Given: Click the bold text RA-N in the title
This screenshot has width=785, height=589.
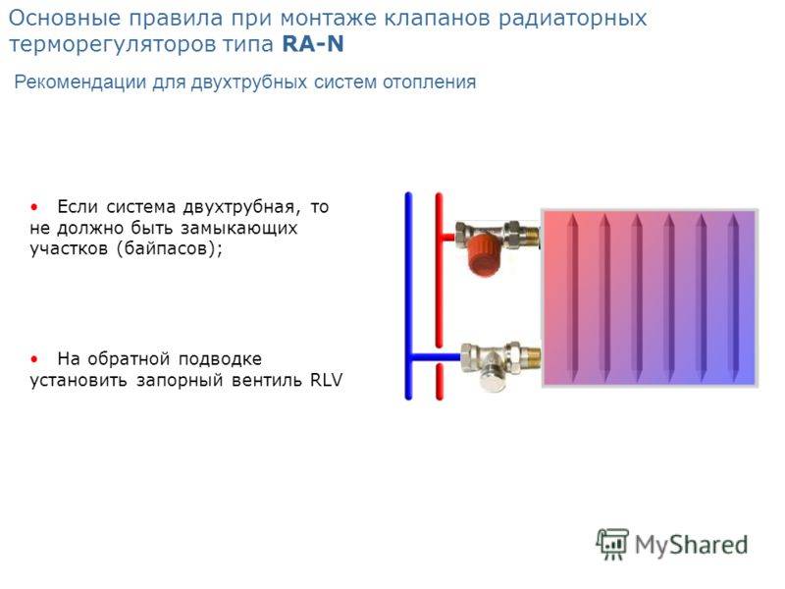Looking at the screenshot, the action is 313,43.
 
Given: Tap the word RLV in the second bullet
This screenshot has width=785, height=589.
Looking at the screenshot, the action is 327,380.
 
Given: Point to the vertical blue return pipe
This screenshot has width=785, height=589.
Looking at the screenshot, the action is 408,296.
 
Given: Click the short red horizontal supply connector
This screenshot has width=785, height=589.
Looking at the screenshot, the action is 446,237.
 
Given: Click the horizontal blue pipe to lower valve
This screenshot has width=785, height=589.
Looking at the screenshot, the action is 435,357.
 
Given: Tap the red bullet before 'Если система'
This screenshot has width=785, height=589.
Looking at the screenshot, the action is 34,207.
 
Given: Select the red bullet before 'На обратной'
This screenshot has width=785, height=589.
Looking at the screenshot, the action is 34,359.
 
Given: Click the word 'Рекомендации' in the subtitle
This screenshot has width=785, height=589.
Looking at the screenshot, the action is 80,81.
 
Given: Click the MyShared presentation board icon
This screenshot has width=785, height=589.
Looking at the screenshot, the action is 612,544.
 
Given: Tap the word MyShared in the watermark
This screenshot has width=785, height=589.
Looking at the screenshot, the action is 692,545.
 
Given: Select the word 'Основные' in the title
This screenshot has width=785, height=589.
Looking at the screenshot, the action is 65,18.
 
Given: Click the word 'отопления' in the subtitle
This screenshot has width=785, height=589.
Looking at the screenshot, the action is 430,81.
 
